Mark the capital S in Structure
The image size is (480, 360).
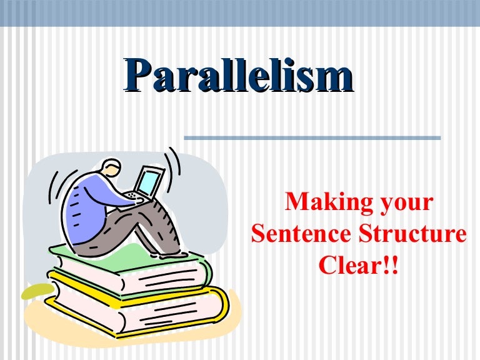pos(351,235)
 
